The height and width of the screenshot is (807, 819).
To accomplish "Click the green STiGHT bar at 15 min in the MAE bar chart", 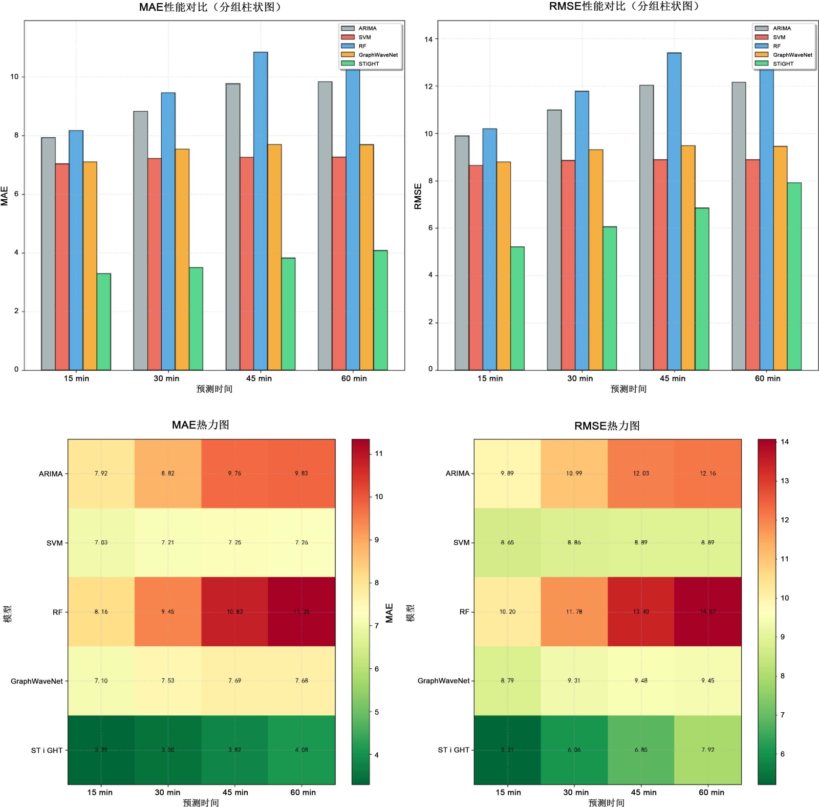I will (104, 322).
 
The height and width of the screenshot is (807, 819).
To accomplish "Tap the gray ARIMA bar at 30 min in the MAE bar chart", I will (141, 241).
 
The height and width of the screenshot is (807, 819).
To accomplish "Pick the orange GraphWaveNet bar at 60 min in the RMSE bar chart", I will (780, 258).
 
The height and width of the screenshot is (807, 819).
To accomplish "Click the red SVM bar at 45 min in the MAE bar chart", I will (247, 263).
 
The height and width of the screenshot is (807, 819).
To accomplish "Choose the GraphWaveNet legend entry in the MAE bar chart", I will (378, 55).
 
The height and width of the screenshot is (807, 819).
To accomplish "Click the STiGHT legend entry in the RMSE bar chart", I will (783, 64).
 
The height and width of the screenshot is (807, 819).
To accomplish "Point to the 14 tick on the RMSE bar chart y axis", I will (428, 39).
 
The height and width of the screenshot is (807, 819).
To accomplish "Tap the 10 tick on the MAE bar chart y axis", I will (14, 77).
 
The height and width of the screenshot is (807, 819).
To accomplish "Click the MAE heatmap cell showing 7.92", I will (101, 474).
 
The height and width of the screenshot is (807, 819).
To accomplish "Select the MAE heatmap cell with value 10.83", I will (234, 611).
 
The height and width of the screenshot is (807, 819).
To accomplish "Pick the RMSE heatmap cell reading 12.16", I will (707, 474).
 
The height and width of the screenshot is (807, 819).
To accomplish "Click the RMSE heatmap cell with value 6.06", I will (574, 750).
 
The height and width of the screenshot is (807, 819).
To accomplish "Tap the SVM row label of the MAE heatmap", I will (54, 543).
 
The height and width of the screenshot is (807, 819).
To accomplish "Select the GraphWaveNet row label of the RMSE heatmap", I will (443, 681).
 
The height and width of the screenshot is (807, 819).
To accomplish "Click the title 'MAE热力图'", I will (200, 425).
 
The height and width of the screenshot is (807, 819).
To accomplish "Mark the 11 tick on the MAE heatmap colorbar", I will (379, 454).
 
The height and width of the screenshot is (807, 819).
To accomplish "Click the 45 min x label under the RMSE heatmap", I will (643, 792).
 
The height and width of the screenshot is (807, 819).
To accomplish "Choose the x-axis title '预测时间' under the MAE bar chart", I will (214, 389).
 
